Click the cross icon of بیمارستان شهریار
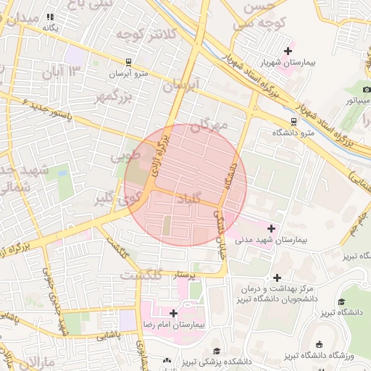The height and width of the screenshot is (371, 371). pyautogui.click(x=289, y=50)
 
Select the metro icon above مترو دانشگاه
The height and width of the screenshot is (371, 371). pyautogui.click(x=293, y=121)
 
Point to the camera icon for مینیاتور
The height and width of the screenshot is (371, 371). pyautogui.click(x=367, y=88)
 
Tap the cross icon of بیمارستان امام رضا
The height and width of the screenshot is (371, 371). pyautogui.click(x=173, y=313)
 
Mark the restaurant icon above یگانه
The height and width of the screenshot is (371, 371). pyautogui.click(x=50, y=16)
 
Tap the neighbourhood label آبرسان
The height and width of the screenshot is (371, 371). pyautogui.click(x=180, y=86)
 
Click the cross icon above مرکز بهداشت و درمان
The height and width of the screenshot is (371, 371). pyautogui.click(x=277, y=278)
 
